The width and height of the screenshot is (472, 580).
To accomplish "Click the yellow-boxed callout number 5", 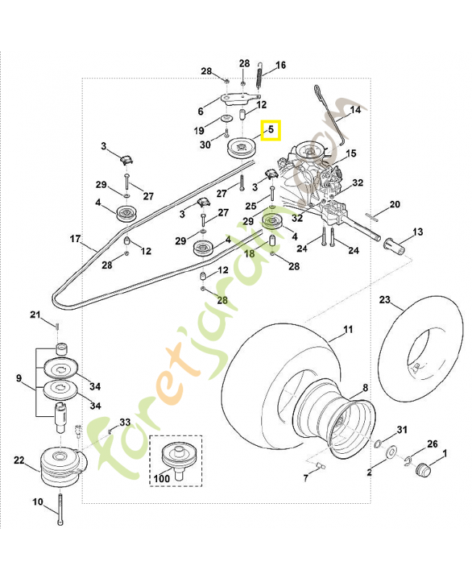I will point(271,130).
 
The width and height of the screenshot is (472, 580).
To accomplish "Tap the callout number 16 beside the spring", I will point(280,65).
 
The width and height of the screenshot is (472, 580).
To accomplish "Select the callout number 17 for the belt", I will point(75,239).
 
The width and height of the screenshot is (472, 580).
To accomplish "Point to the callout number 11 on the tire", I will point(348,330).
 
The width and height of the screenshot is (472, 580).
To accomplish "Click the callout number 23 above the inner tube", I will point(384,299).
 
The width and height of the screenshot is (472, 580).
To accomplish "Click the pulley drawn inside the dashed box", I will point(176,455).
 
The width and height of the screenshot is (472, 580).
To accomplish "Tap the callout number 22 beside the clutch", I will point(19,460).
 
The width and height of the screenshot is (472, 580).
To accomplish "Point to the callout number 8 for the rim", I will point(364,389).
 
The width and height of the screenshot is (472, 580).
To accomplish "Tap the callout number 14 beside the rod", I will point(355,111).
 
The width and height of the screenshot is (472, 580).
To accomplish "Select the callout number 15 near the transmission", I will point(351,154).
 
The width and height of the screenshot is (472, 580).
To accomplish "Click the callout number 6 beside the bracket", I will point(201,111).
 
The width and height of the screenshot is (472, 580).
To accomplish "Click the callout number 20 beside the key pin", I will point(394,204).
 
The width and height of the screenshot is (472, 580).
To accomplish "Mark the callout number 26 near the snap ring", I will point(432,444).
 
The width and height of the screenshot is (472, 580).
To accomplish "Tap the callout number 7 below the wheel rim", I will point(305,478).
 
